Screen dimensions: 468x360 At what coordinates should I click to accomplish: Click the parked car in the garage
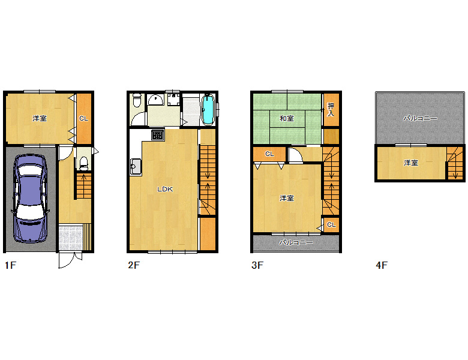click(x=31, y=198)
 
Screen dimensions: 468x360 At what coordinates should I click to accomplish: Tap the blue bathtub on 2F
click(x=208, y=110)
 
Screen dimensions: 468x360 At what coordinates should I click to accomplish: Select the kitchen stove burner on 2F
click(x=158, y=134)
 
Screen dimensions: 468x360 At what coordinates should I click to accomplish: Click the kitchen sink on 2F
click(x=136, y=167)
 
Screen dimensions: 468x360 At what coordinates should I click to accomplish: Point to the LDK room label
click(x=165, y=189)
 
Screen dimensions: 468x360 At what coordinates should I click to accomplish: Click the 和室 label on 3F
click(x=287, y=119)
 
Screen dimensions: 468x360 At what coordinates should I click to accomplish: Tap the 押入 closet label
click(x=331, y=110)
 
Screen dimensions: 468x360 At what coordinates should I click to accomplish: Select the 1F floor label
click(x=10, y=265)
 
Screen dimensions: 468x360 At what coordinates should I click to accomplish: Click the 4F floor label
click(x=382, y=265)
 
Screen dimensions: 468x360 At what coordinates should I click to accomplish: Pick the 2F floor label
click(x=134, y=265)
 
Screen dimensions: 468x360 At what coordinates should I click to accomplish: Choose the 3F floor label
click(x=257, y=265)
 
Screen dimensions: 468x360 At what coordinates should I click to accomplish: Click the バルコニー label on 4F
click(x=420, y=119)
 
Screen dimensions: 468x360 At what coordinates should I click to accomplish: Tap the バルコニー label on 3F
click(x=296, y=242)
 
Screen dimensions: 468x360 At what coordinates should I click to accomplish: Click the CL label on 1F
click(x=83, y=119)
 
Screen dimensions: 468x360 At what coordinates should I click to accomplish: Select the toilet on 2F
click(x=137, y=100)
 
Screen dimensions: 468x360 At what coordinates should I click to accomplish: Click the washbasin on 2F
click(x=155, y=100)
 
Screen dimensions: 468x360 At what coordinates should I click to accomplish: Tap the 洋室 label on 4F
click(x=411, y=163)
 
